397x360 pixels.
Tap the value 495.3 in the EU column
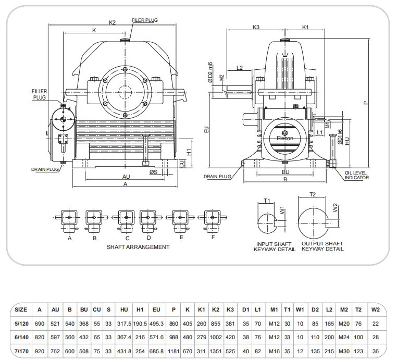click(x=156, y=323)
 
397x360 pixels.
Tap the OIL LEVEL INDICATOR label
click(x=356, y=175)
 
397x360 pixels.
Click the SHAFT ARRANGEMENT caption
click(x=138, y=247)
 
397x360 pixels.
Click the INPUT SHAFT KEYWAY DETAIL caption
click(x=275, y=246)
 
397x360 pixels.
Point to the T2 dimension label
click(x=313, y=194)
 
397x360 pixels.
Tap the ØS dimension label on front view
click(x=153, y=172)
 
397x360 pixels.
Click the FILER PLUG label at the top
click(x=144, y=20)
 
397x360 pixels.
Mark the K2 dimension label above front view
click(x=112, y=22)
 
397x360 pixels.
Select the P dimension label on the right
click(x=366, y=102)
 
